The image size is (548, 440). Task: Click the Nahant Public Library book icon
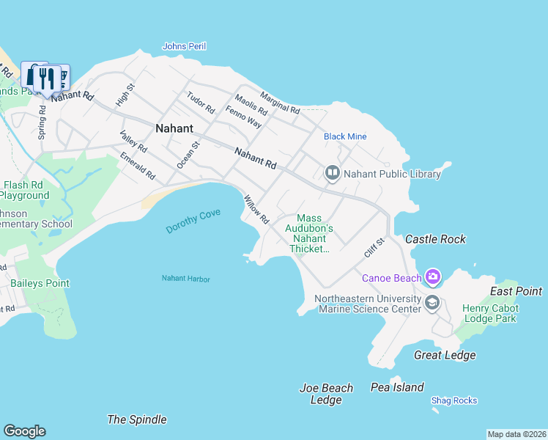click(x=333, y=173)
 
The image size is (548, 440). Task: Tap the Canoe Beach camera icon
click(x=433, y=276)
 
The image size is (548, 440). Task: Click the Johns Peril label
click(x=184, y=46)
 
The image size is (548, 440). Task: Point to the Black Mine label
click(x=345, y=136)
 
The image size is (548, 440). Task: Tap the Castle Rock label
click(x=435, y=239)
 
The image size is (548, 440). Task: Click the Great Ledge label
click(x=445, y=355)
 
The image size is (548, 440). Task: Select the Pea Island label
click(x=397, y=387)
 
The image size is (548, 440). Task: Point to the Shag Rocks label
click(x=453, y=400)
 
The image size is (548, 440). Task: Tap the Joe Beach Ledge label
click(x=326, y=394)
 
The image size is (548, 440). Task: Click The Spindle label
click(x=137, y=419)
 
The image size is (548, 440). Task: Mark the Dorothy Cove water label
click(x=193, y=221)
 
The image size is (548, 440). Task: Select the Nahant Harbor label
click(x=185, y=279)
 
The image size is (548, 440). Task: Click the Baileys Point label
click(x=40, y=283)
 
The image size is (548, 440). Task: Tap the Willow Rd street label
click(x=256, y=209)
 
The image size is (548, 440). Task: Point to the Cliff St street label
click(x=374, y=247)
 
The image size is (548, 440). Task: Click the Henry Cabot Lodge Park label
click(x=489, y=312)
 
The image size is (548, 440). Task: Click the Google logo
click(x=24, y=431)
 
